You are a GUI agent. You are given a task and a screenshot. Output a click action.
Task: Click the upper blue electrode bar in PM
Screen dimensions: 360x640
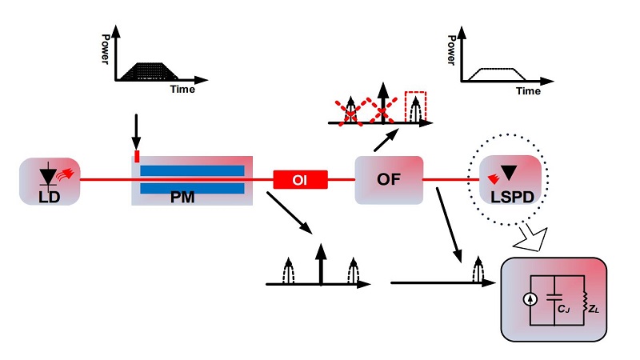(x=192, y=170)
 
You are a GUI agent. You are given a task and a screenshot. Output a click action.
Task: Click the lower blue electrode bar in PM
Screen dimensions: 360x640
(x=192, y=189)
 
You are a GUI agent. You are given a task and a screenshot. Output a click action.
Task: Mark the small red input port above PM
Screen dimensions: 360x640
(x=137, y=154)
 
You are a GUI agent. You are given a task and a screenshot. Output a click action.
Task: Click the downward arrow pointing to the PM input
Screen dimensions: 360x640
(x=136, y=128)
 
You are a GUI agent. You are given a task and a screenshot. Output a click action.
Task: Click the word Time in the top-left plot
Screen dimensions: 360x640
(x=182, y=90)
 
